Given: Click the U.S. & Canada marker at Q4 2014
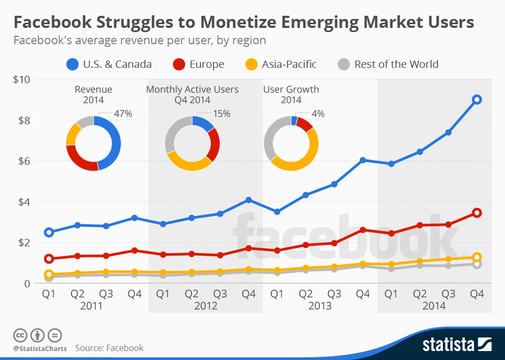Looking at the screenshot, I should [x=477, y=99].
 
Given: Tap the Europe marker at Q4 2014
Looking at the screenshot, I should [x=477, y=213].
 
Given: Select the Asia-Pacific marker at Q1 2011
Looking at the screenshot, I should [x=49, y=274].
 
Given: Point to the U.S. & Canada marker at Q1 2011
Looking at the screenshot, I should [x=49, y=232].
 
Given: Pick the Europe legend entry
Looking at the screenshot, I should [x=198, y=65].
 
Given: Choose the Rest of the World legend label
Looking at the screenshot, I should [x=396, y=65].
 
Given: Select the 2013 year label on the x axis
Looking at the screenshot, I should [x=319, y=306].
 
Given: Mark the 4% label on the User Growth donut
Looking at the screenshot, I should [x=318, y=113].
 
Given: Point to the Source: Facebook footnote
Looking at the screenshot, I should [x=109, y=348].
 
